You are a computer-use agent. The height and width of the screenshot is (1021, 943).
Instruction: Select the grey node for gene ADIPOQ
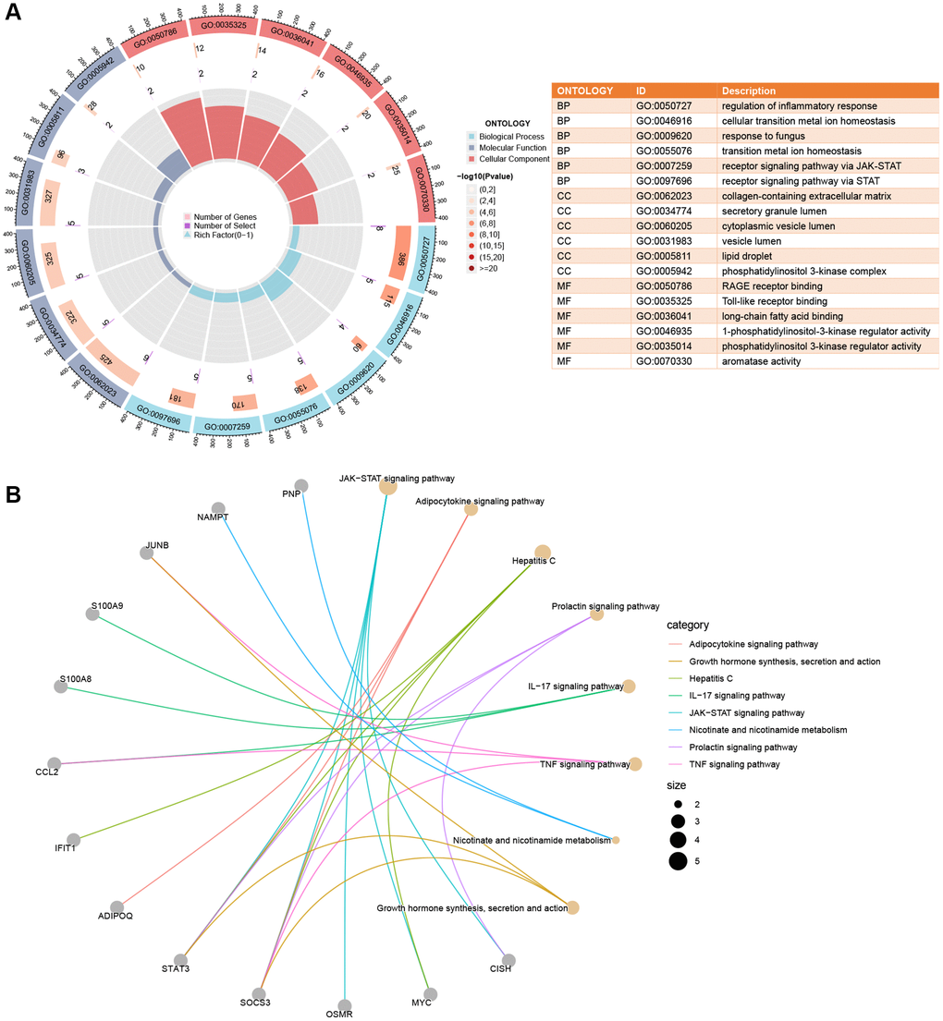pyautogui.click(x=116, y=907)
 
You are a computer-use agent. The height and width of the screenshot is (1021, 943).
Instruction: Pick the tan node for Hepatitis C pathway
pyautogui.click(x=543, y=553)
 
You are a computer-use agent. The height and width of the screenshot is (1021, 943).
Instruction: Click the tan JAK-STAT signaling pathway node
pyautogui.click(x=388, y=487)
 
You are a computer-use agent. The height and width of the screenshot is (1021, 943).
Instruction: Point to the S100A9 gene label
pyautogui.click(x=107, y=606)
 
